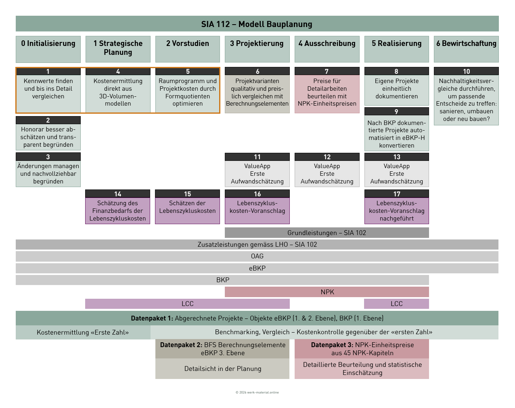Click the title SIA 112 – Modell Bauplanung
pyautogui.click(x=257, y=24)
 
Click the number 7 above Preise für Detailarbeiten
pyautogui.click(x=327, y=71)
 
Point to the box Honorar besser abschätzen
pyautogui.click(x=48, y=137)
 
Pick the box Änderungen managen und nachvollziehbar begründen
pyautogui.click(x=48, y=174)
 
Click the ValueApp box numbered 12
pyautogui.click(x=327, y=174)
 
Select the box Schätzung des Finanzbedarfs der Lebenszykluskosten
pyautogui.click(x=117, y=211)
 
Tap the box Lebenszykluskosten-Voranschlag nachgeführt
pyautogui.click(x=397, y=211)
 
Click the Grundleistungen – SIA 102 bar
pyautogui.click(x=327, y=233)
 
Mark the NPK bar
pyautogui.click(x=327, y=292)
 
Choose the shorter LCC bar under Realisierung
pyautogui.click(x=396, y=304)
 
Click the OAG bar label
pyautogui.click(x=257, y=256)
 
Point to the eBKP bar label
pyautogui.click(x=257, y=268)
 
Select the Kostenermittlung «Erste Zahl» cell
pyautogui.click(x=83, y=332)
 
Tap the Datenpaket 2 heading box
pyautogui.click(x=222, y=349)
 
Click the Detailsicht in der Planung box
pyautogui.click(x=222, y=368)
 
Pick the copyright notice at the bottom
pyautogui.click(x=257, y=392)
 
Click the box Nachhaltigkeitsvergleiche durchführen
pyautogui.click(x=466, y=100)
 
